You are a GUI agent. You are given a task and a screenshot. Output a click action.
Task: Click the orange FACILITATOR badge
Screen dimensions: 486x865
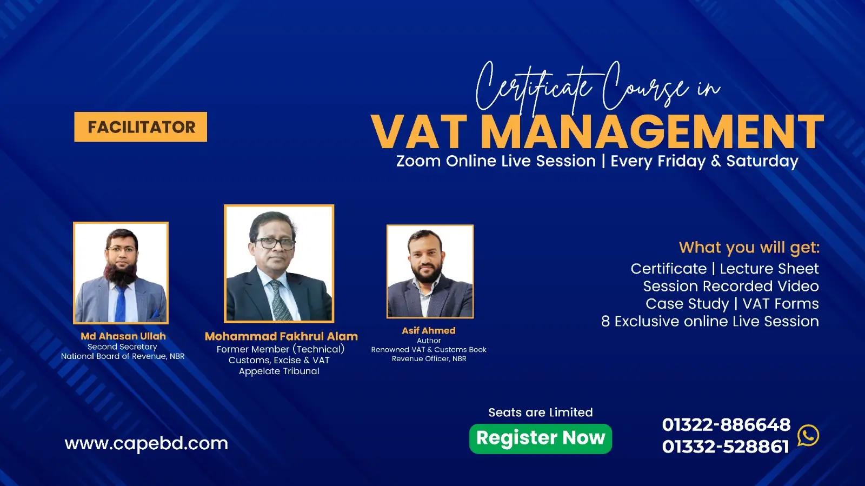pyautogui.click(x=141, y=127)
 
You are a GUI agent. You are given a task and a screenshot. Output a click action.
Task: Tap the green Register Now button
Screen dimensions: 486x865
pyautogui.click(x=540, y=438)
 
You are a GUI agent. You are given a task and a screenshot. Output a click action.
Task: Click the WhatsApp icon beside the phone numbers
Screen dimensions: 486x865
pyautogui.click(x=808, y=435)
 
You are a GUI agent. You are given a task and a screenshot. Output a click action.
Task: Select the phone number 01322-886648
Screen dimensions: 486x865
pyautogui.click(x=726, y=425)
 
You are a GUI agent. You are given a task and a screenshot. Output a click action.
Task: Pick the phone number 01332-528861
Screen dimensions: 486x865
pyautogui.click(x=726, y=447)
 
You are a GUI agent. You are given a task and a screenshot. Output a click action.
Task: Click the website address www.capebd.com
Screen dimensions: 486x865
pyautogui.click(x=146, y=444)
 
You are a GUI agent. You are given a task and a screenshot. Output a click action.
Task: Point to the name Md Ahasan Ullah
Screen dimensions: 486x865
pyautogui.click(x=123, y=336)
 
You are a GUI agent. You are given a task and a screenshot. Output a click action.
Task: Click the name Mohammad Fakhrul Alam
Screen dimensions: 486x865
pyautogui.click(x=281, y=336)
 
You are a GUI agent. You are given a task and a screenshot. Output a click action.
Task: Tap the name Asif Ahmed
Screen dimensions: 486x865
pyautogui.click(x=429, y=330)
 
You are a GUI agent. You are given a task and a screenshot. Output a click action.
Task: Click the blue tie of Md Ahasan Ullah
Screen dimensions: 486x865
pyautogui.click(x=120, y=303)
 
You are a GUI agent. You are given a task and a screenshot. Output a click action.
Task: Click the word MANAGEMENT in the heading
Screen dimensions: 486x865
pyautogui.click(x=651, y=132)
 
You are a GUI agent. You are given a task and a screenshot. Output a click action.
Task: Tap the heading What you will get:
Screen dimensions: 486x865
pyautogui.click(x=749, y=248)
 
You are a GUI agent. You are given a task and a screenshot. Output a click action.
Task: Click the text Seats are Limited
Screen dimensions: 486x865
pyautogui.click(x=540, y=412)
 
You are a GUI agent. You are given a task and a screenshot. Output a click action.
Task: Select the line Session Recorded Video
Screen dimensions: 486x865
pyautogui.click(x=730, y=286)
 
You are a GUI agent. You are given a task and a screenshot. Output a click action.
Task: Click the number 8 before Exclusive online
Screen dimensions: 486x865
pyautogui.click(x=605, y=322)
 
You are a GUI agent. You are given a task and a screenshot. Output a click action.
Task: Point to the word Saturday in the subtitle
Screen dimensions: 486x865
pyautogui.click(x=762, y=161)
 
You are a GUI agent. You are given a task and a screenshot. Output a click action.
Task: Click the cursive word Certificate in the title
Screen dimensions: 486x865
pyautogui.click(x=533, y=86)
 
